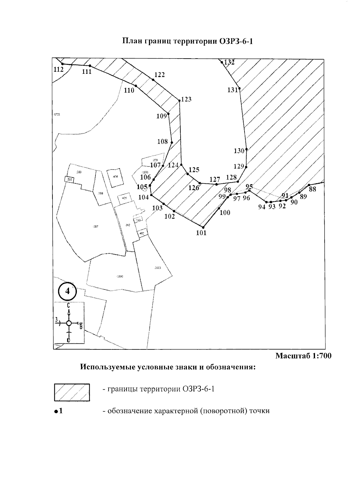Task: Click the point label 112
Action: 58,69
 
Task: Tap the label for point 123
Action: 186,99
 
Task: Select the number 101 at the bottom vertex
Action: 201,233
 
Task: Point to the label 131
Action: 232,90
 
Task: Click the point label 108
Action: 163,141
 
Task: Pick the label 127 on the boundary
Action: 215,180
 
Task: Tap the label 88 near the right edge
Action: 313,189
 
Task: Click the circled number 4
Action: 67,291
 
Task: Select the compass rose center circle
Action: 69,323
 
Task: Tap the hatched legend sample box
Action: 72,392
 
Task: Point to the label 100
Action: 225,213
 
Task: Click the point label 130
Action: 239,151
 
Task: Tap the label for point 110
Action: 129,90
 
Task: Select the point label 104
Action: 143,198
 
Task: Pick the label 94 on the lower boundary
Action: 262,207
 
